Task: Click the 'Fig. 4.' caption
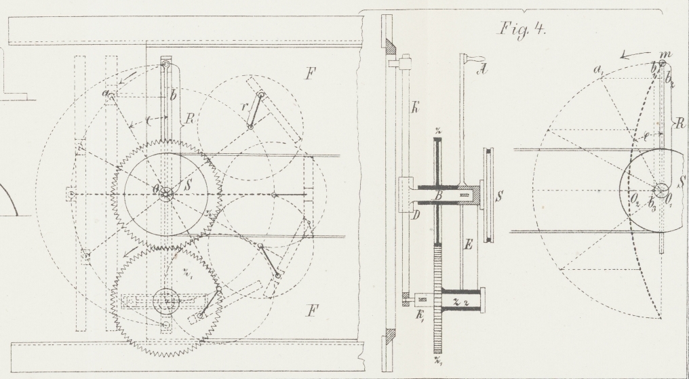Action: (x=517, y=30)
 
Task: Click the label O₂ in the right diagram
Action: (x=634, y=199)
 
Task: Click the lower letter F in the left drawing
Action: (x=311, y=313)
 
